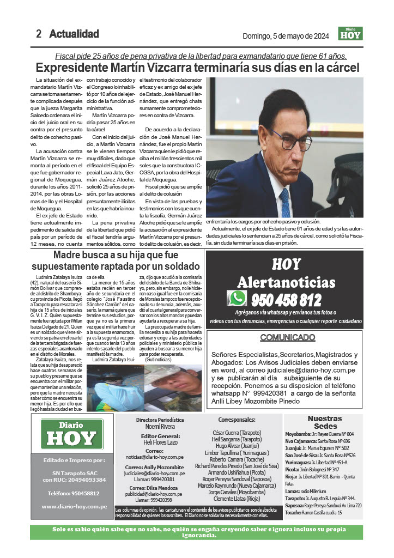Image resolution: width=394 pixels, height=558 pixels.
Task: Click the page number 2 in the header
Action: pyautogui.click(x=39, y=34)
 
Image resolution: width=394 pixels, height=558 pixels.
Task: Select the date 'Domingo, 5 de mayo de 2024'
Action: pyautogui.click(x=286, y=37)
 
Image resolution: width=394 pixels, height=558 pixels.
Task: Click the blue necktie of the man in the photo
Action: pyautogui.click(x=284, y=201)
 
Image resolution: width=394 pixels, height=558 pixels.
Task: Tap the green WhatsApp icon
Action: pyautogui.click(x=238, y=299)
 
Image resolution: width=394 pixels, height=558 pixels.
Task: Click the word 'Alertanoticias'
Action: pyautogui.click(x=286, y=282)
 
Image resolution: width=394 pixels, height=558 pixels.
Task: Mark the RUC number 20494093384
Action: pyautogui.click(x=82, y=480)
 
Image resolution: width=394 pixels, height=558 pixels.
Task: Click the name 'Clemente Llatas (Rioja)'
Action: pyautogui.click(x=237, y=498)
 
